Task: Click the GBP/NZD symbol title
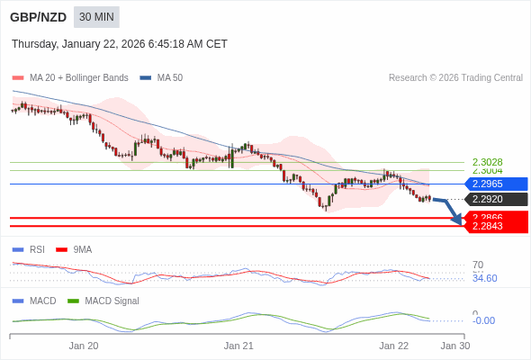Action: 38,17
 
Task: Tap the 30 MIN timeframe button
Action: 96,17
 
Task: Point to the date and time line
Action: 120,44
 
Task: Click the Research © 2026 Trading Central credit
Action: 455,78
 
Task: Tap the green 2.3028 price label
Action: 487,162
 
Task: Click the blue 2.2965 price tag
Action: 495,184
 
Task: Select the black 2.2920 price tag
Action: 495,199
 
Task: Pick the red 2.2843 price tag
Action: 495,226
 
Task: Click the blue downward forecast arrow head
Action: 458,220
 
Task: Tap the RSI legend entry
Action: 36,249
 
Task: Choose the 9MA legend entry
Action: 82,249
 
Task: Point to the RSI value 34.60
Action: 484,278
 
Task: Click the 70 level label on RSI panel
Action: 478,265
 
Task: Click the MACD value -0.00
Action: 483,320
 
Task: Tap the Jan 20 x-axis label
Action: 84,346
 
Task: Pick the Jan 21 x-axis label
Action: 238,346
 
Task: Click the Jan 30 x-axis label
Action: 454,346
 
